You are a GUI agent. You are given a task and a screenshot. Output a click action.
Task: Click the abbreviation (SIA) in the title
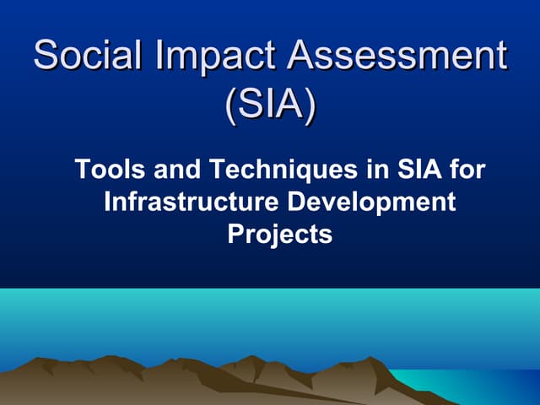(270, 106)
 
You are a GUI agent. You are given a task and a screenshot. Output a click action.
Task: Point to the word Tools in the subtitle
(104, 170)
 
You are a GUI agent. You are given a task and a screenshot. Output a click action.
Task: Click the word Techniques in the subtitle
(273, 170)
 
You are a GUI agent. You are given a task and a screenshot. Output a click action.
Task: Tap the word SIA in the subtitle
(414, 170)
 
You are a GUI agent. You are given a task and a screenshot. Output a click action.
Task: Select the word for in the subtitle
(467, 170)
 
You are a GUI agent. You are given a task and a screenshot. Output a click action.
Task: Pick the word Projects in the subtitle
(280, 235)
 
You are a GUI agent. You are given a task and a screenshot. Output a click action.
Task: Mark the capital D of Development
(294, 202)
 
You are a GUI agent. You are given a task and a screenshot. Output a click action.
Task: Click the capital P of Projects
(236, 235)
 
